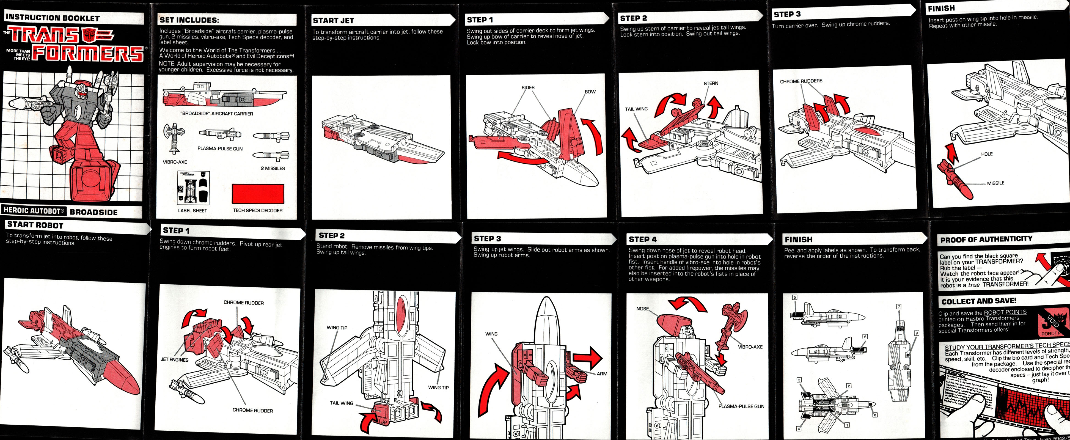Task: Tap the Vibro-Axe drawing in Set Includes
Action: [x=174, y=138]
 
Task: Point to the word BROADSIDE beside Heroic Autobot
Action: [x=93, y=212]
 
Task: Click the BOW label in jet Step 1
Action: [x=590, y=92]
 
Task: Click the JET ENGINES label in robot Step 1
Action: [x=174, y=360]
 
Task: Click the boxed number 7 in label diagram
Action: [x=899, y=307]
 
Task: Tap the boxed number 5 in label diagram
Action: [x=795, y=298]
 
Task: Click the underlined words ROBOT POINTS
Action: [x=1005, y=312]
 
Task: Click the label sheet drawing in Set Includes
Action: [x=193, y=188]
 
